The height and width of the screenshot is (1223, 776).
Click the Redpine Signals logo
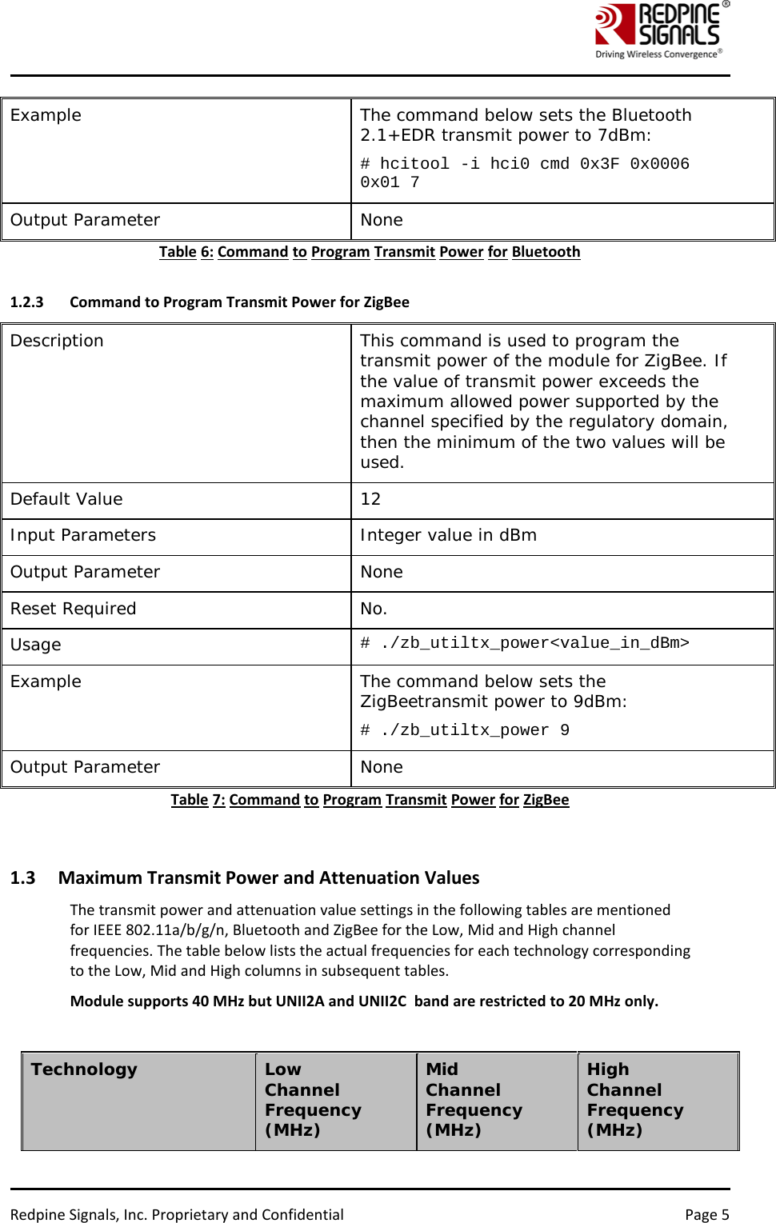(x=661, y=30)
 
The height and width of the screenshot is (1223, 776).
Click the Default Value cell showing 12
(x=370, y=499)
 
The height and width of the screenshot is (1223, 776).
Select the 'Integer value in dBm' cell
(x=448, y=535)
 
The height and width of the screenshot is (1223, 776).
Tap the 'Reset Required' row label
(x=74, y=609)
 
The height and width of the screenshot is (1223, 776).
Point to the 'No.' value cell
(x=374, y=609)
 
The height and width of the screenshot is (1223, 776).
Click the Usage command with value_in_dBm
(x=524, y=643)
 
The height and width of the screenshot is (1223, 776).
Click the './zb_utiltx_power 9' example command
(x=465, y=730)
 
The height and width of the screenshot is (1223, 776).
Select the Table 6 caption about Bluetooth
(x=370, y=252)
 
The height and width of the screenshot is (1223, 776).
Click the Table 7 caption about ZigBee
(x=370, y=800)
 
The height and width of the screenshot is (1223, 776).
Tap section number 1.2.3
(x=26, y=302)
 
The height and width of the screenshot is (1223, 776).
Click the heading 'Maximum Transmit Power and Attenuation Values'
(x=269, y=877)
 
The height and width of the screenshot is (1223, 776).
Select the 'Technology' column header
(x=84, y=1069)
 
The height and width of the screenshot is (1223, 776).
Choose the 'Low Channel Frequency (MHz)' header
(x=313, y=1099)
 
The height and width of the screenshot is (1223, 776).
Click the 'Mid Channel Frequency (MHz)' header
(x=474, y=1099)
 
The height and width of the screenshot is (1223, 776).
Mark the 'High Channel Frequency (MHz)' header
(x=635, y=1099)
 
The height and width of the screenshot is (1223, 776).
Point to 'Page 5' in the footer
(x=706, y=1214)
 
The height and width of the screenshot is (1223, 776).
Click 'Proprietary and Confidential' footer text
(x=247, y=1214)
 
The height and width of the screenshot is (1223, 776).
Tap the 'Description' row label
(x=57, y=341)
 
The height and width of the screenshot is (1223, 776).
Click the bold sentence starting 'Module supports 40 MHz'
(x=364, y=1001)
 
